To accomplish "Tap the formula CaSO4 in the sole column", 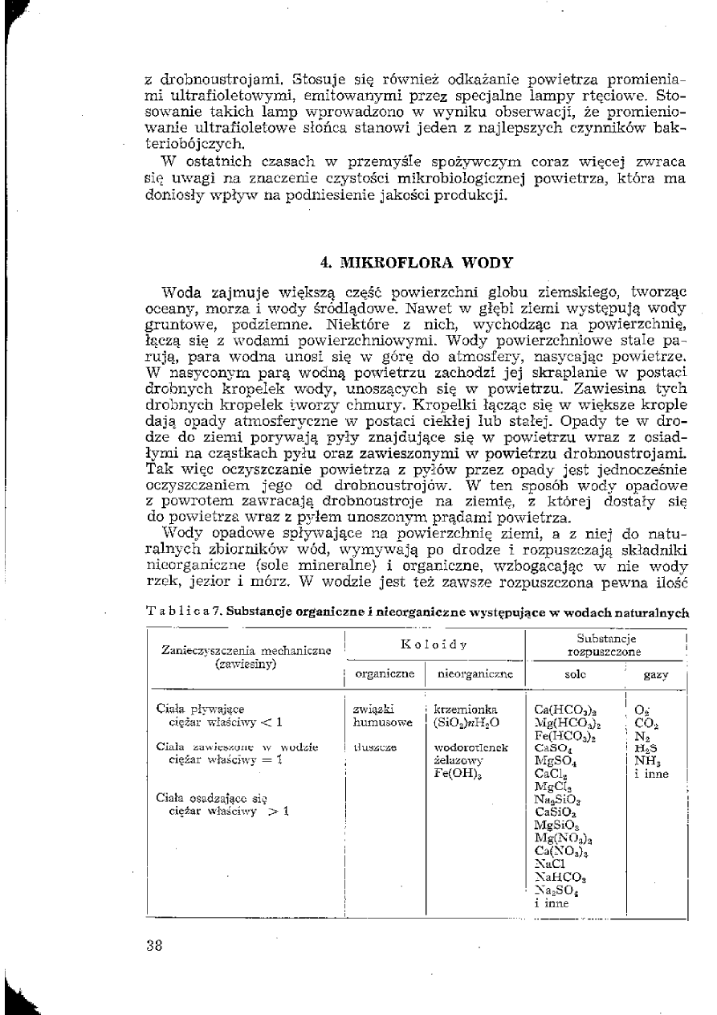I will pyautogui.click(x=552, y=747).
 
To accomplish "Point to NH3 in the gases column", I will pyautogui.click(x=644, y=760).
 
